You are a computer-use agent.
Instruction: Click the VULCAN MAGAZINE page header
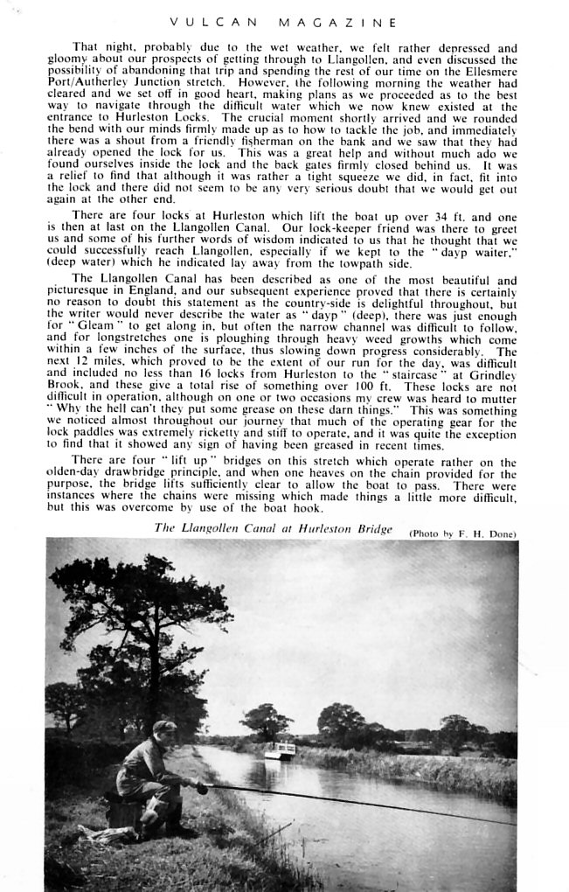[283, 22]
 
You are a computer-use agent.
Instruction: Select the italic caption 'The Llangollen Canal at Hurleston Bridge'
[273, 527]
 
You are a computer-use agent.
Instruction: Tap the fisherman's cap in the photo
[163, 727]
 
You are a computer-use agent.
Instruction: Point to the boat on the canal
[279, 750]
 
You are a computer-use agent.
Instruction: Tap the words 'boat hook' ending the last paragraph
[295, 509]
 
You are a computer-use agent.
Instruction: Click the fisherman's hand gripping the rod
[202, 788]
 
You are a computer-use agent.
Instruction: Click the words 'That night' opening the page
[98, 47]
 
